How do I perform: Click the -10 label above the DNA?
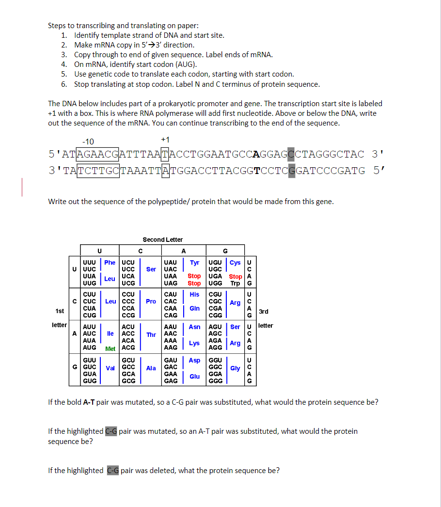[88, 142]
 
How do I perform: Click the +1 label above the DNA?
[165, 140]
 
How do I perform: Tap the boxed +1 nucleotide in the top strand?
[165, 155]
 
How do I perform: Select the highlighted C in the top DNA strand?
[291, 155]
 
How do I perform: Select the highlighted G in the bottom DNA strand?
[291, 170]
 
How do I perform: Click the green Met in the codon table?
[110, 349]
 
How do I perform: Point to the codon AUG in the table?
[89, 347]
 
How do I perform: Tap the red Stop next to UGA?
[235, 276]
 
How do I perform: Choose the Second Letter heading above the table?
[163, 239]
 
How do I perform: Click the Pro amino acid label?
[151, 301]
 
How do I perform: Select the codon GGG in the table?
[215, 380]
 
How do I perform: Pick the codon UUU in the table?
[89, 262]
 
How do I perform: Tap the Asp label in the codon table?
[194, 360]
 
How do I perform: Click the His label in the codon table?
[194, 294]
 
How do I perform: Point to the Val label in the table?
[110, 368]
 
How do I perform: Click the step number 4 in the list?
[63, 64]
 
